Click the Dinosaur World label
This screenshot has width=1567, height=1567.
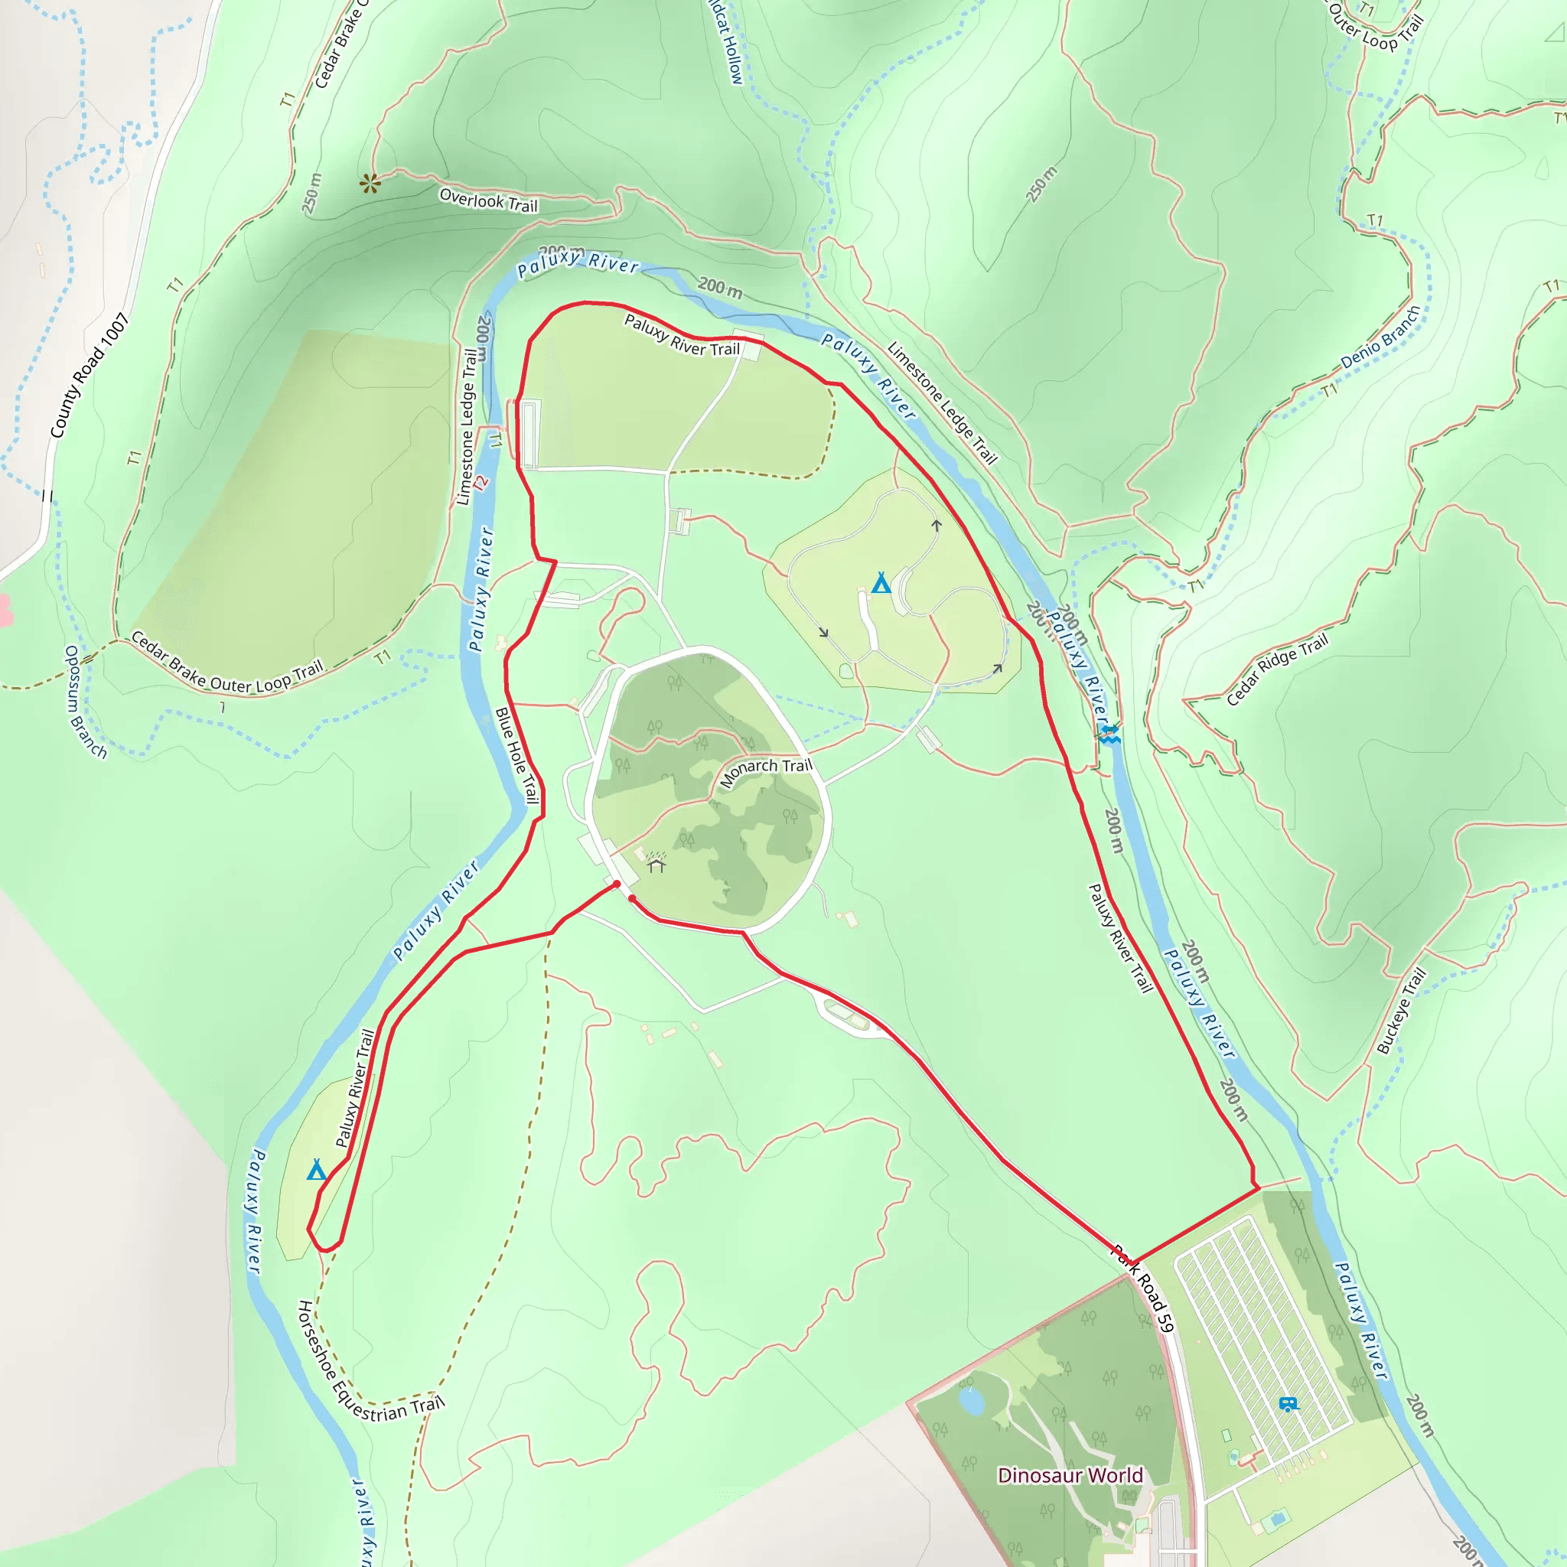pos(1070,1475)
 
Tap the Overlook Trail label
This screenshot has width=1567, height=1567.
pos(488,200)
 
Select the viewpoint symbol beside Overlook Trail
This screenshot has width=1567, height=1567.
pos(370,184)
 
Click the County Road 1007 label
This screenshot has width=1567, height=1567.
pos(90,376)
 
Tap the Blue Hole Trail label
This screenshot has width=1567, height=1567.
pos(516,755)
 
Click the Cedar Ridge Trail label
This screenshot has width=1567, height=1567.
pos(1277,670)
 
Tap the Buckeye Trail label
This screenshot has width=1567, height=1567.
pos(1401,1012)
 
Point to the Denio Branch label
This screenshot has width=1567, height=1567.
pos(1380,337)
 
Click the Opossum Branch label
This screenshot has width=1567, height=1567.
pos(85,702)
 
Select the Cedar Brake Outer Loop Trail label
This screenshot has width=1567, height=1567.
pos(227,662)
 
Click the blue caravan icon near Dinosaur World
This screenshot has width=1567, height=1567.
pos(1287,1404)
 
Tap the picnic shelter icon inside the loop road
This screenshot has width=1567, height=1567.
pos(656,865)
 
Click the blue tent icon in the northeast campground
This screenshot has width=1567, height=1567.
pos(881,582)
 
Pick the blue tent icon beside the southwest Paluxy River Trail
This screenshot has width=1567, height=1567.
pos(316,1170)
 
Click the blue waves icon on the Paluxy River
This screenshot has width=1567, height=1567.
pos(1109,734)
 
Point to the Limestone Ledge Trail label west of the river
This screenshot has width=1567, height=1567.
pos(467,427)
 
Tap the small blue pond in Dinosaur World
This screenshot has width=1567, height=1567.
pos(971,1402)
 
